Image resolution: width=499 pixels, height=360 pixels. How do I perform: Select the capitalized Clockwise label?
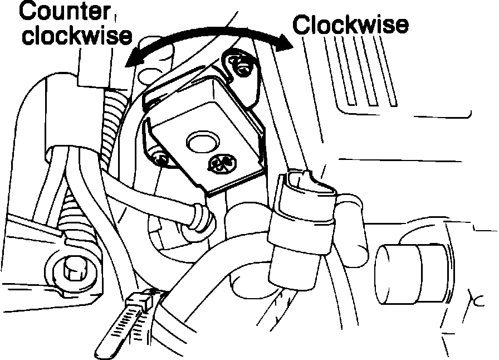[x=351, y=25]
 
